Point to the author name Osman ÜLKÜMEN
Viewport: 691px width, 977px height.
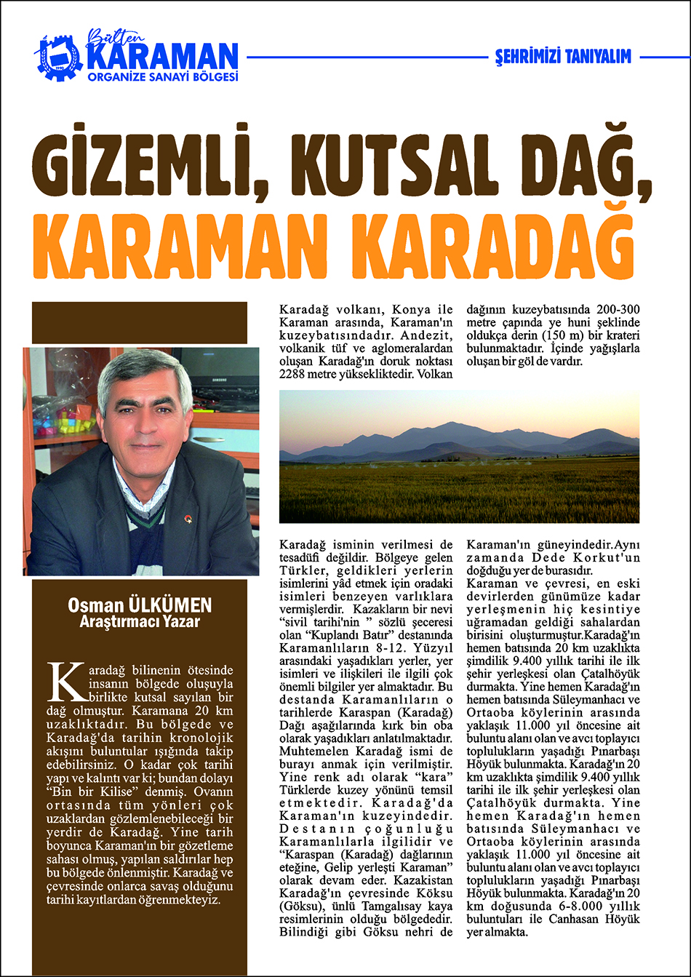[x=140, y=606]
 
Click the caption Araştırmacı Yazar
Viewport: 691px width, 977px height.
[x=140, y=622]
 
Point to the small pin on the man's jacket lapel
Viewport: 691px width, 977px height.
[x=188, y=518]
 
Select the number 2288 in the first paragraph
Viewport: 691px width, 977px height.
[x=297, y=375]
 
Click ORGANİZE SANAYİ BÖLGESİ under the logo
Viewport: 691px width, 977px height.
[x=161, y=76]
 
